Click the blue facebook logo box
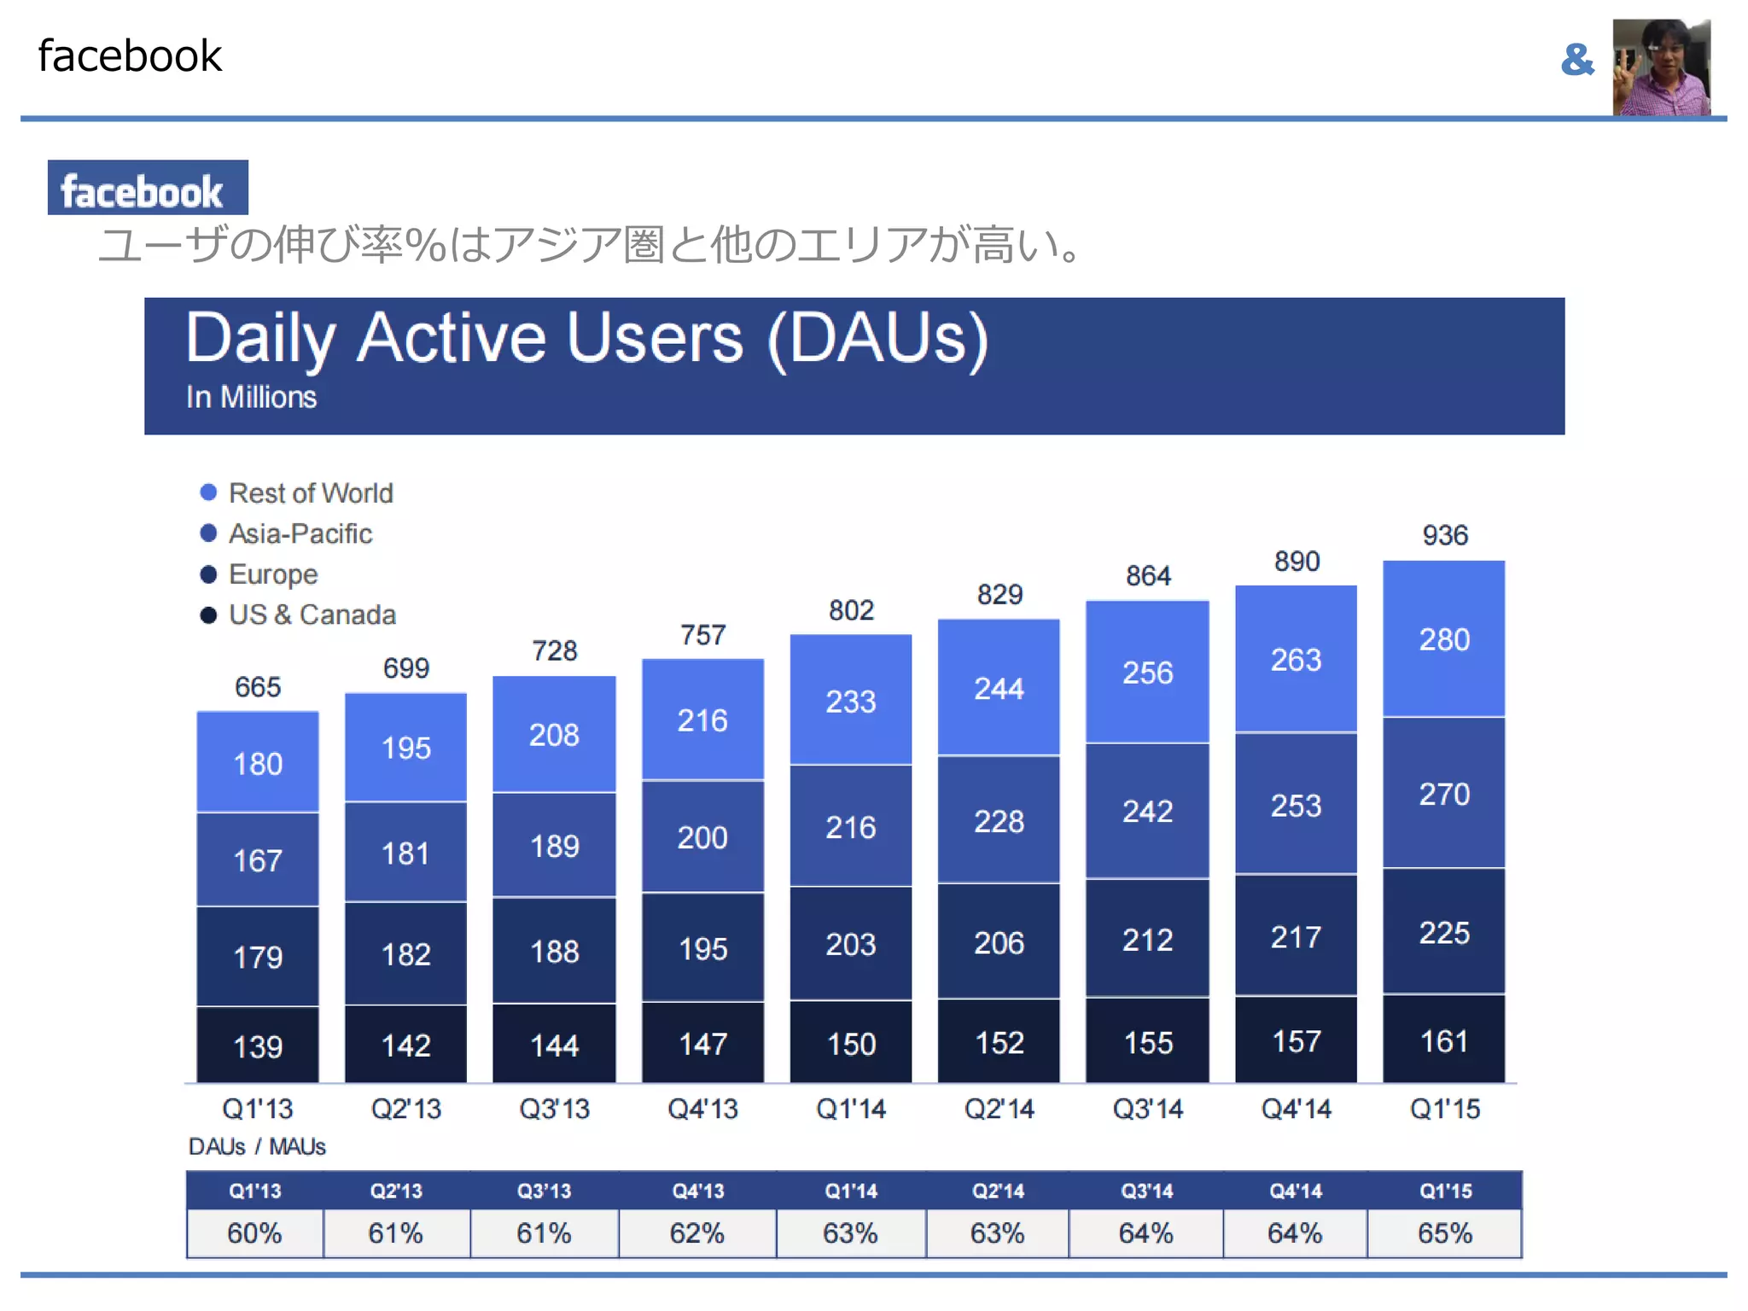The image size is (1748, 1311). tap(148, 188)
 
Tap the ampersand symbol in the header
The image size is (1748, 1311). tap(1576, 60)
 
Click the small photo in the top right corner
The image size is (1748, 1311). tap(1661, 67)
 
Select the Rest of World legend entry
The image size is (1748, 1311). tap(310, 493)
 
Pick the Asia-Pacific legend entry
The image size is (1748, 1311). tap(300, 534)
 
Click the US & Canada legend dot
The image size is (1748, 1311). tap(208, 615)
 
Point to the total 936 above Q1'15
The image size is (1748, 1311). tap(1444, 535)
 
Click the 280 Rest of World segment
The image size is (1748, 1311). tap(1444, 639)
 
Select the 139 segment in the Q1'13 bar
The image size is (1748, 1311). tap(258, 1046)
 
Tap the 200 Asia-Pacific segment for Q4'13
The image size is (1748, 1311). tap(702, 837)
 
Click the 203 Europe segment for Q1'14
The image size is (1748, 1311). tap(850, 944)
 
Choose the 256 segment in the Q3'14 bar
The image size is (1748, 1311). tap(1147, 673)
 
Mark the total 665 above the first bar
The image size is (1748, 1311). tap(258, 687)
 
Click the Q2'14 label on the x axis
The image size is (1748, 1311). tap(999, 1109)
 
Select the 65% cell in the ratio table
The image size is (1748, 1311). tap(1444, 1233)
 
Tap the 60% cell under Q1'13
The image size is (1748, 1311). tap(254, 1233)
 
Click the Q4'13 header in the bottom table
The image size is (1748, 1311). tap(697, 1191)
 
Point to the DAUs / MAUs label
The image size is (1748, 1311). tap(257, 1146)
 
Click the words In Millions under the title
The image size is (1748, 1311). tap(251, 398)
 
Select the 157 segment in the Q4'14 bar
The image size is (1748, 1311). tap(1296, 1041)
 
